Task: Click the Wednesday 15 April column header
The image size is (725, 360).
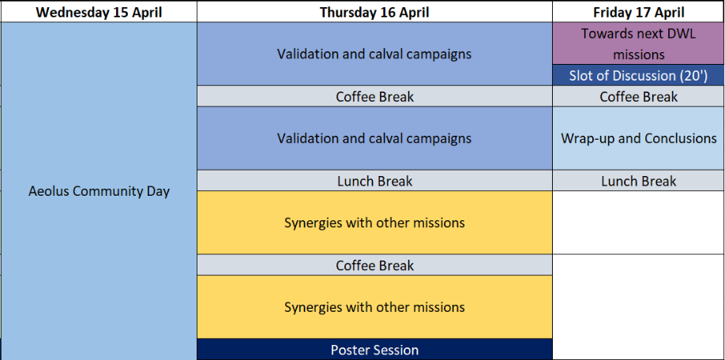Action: (x=99, y=12)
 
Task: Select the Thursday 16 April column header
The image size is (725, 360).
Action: (x=374, y=12)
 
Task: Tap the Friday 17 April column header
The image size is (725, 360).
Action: (x=639, y=12)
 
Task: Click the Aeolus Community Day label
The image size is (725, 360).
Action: (x=99, y=191)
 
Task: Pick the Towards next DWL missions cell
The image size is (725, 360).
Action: (x=639, y=43)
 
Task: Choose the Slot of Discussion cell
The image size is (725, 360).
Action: (x=639, y=75)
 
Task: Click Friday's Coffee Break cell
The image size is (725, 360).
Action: (x=639, y=96)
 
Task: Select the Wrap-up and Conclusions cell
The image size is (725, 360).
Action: (x=639, y=138)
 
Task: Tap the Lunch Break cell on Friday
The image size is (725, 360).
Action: (x=639, y=181)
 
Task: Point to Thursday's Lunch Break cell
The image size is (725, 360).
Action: (x=374, y=181)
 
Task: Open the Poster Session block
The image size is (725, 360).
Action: (x=374, y=350)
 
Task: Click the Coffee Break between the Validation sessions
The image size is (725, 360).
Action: (x=374, y=96)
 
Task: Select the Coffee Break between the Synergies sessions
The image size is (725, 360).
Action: (x=374, y=265)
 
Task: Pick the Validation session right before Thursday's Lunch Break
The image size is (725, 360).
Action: (x=374, y=138)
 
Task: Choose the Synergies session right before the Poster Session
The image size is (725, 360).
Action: (x=374, y=307)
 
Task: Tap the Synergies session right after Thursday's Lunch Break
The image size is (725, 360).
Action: (x=374, y=223)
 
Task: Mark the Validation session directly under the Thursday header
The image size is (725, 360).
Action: (x=374, y=54)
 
